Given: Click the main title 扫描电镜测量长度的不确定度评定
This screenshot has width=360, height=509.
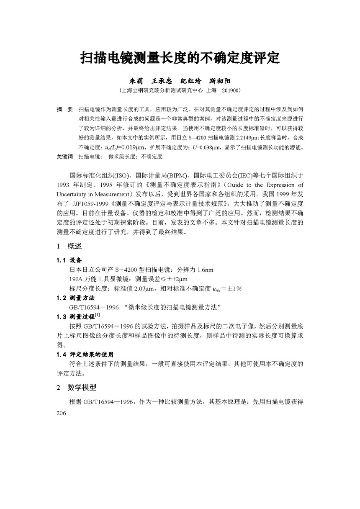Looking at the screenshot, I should click(180, 57).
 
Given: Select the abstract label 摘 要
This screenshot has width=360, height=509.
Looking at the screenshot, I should click(64, 109).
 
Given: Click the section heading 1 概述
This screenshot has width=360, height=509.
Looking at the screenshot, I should click(69, 246).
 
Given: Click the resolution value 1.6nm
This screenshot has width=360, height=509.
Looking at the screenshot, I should click(203, 270).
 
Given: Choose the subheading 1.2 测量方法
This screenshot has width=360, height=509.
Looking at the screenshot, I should click(75, 298).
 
